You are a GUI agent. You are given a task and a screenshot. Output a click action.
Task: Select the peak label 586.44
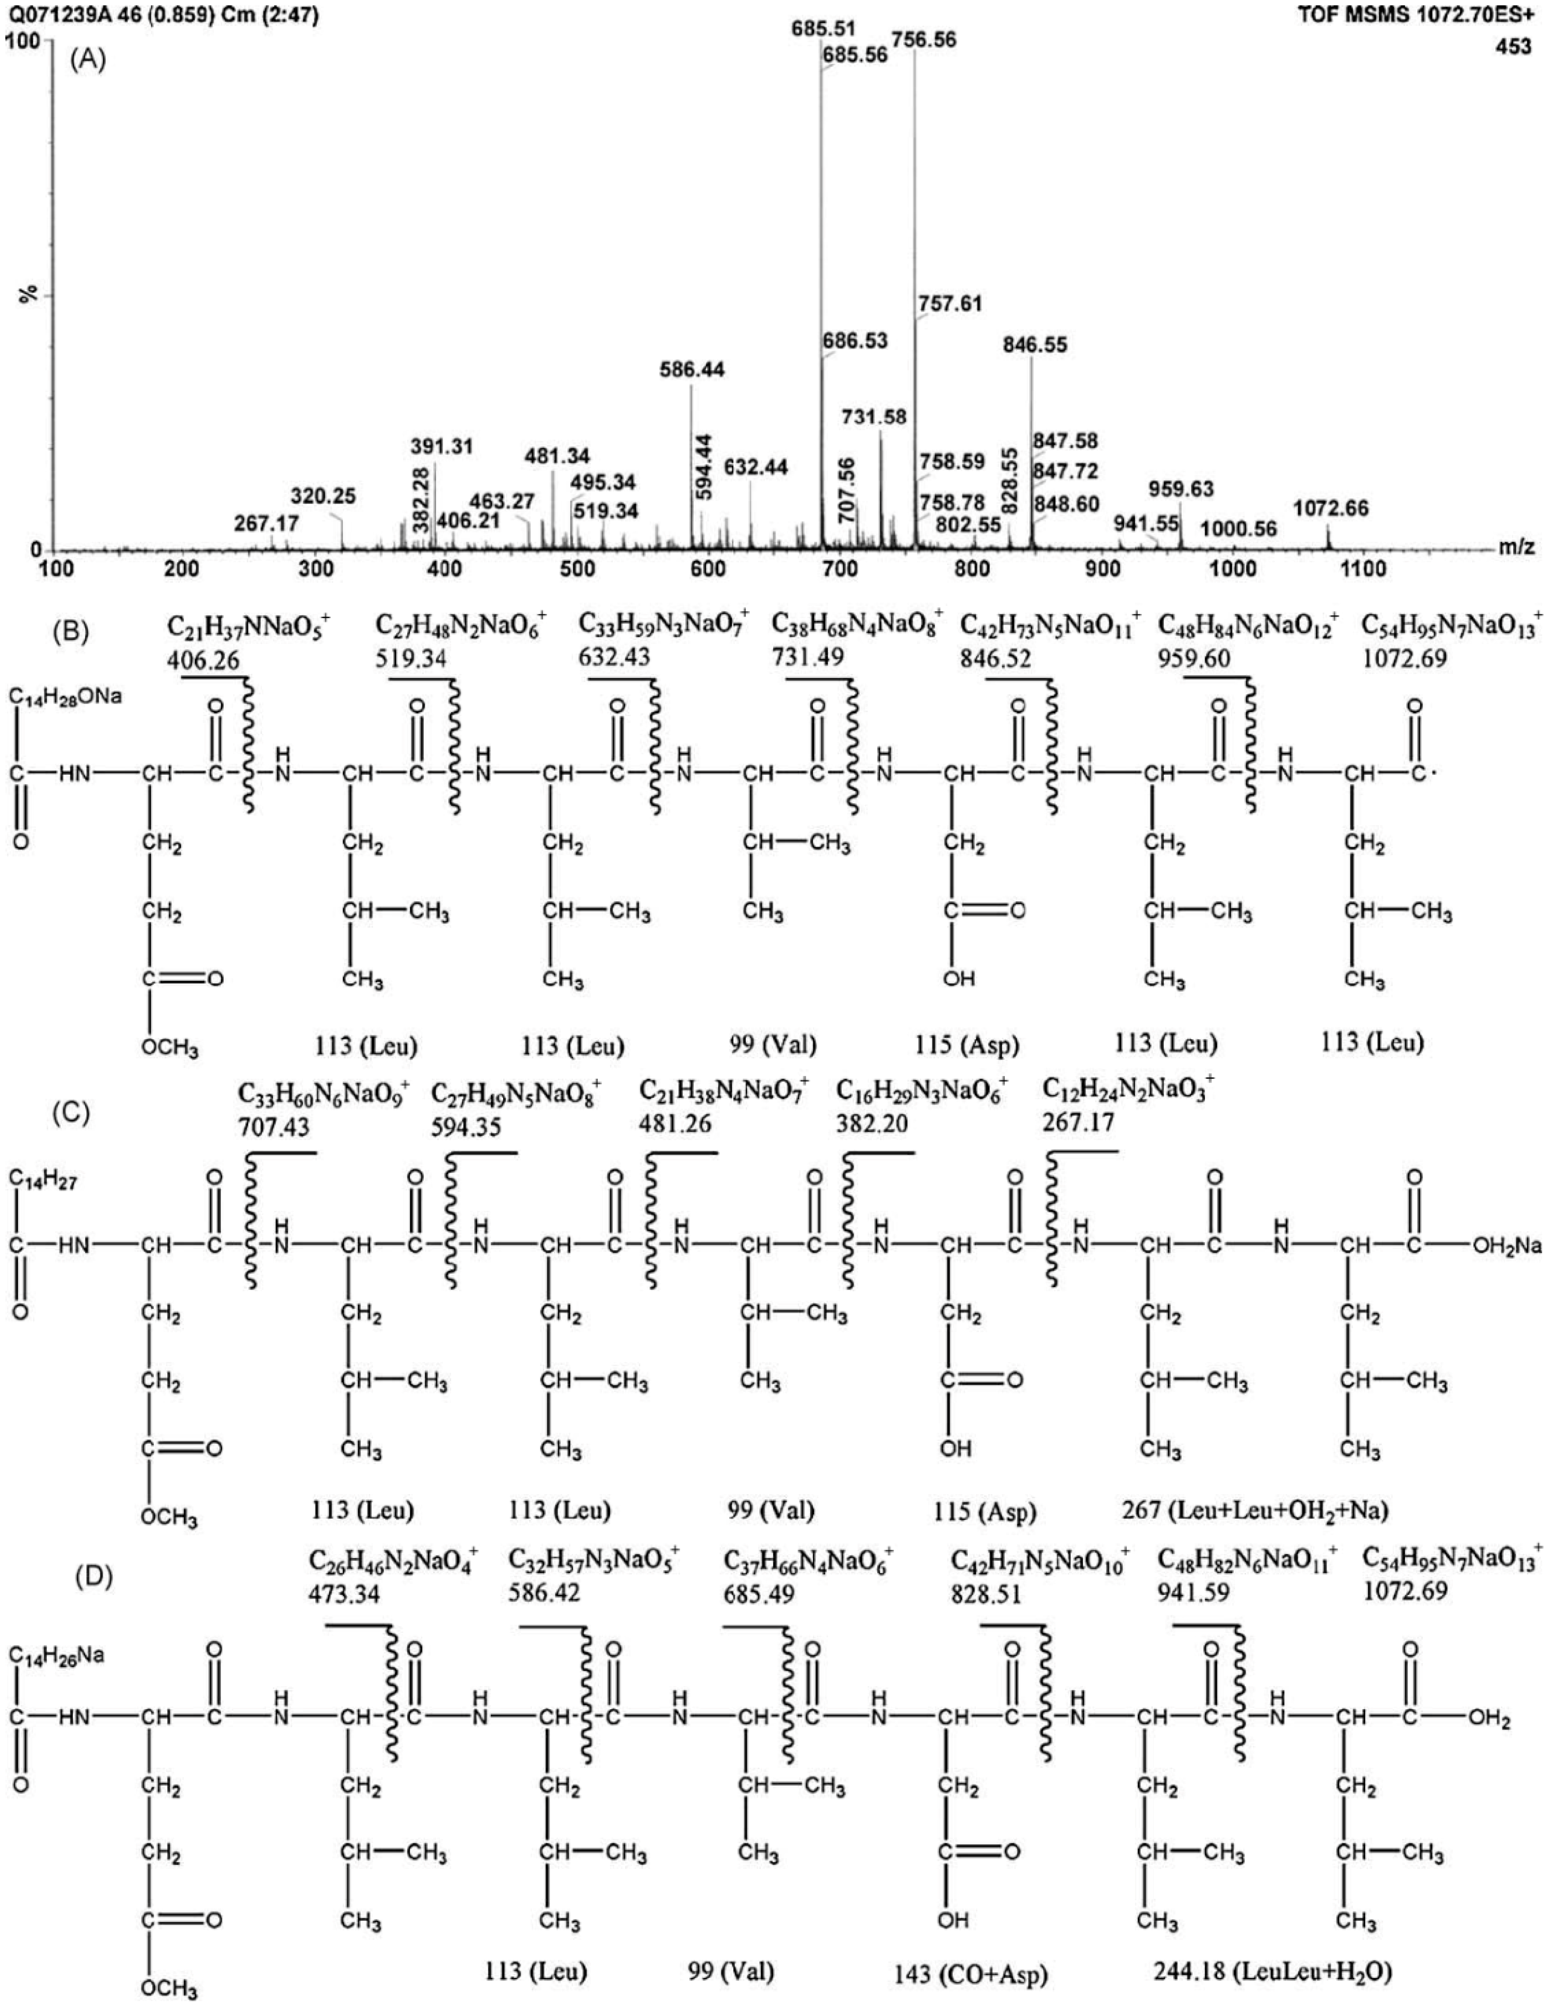[x=691, y=370]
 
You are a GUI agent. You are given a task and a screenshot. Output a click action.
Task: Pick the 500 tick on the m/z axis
[x=577, y=570]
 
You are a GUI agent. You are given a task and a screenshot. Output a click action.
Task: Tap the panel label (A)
[x=88, y=61]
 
